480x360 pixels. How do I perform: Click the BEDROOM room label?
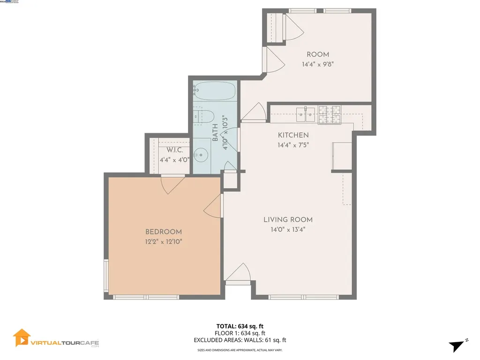tap(163, 232)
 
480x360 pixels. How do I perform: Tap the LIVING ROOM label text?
tap(288, 219)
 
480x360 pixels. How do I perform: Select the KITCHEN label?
tap(293, 135)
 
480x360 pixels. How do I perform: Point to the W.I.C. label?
tap(174, 150)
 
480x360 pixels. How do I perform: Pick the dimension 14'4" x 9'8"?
tap(318, 65)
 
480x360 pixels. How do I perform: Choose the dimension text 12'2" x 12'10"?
tap(163, 241)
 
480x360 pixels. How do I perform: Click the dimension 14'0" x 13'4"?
tap(288, 229)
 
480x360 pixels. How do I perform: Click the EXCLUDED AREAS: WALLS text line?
tap(240, 340)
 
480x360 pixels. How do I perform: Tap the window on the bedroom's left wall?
tap(106, 276)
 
